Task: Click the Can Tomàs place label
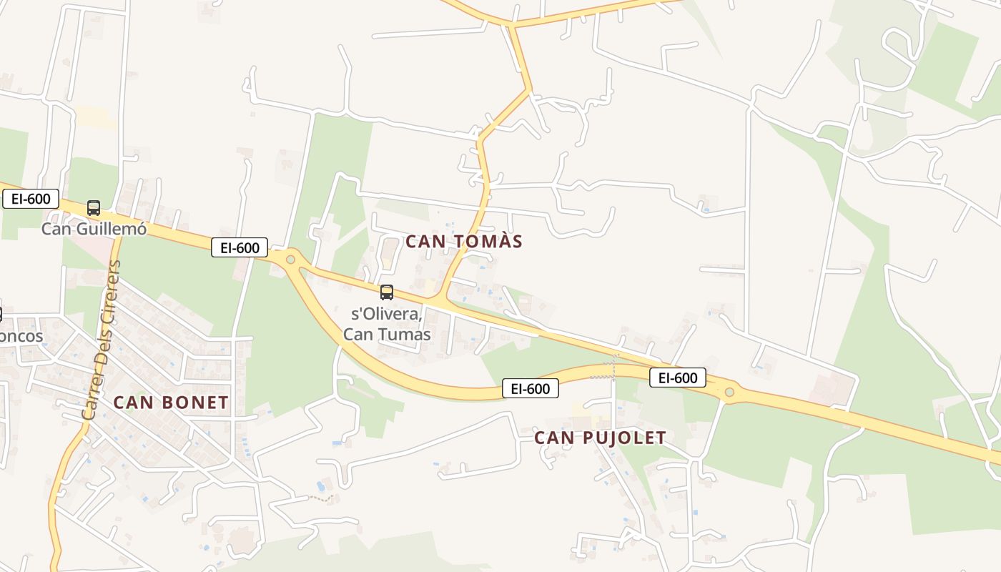coord(464,242)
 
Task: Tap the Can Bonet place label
coord(171,403)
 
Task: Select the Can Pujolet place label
coord(601,438)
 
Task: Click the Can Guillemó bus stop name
coord(94,229)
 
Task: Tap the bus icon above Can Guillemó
coord(94,208)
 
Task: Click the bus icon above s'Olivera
coord(387,292)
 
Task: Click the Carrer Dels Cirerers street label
coord(101,340)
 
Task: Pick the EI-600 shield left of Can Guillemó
coord(31,199)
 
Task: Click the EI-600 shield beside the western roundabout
coord(240,248)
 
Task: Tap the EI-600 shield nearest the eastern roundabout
coord(677,378)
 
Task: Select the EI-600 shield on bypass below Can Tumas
coord(530,388)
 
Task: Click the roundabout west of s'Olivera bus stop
coord(290,260)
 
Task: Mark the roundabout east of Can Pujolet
coord(729,392)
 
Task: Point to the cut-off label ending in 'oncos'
coord(21,336)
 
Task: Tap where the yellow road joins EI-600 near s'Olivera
coord(439,299)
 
